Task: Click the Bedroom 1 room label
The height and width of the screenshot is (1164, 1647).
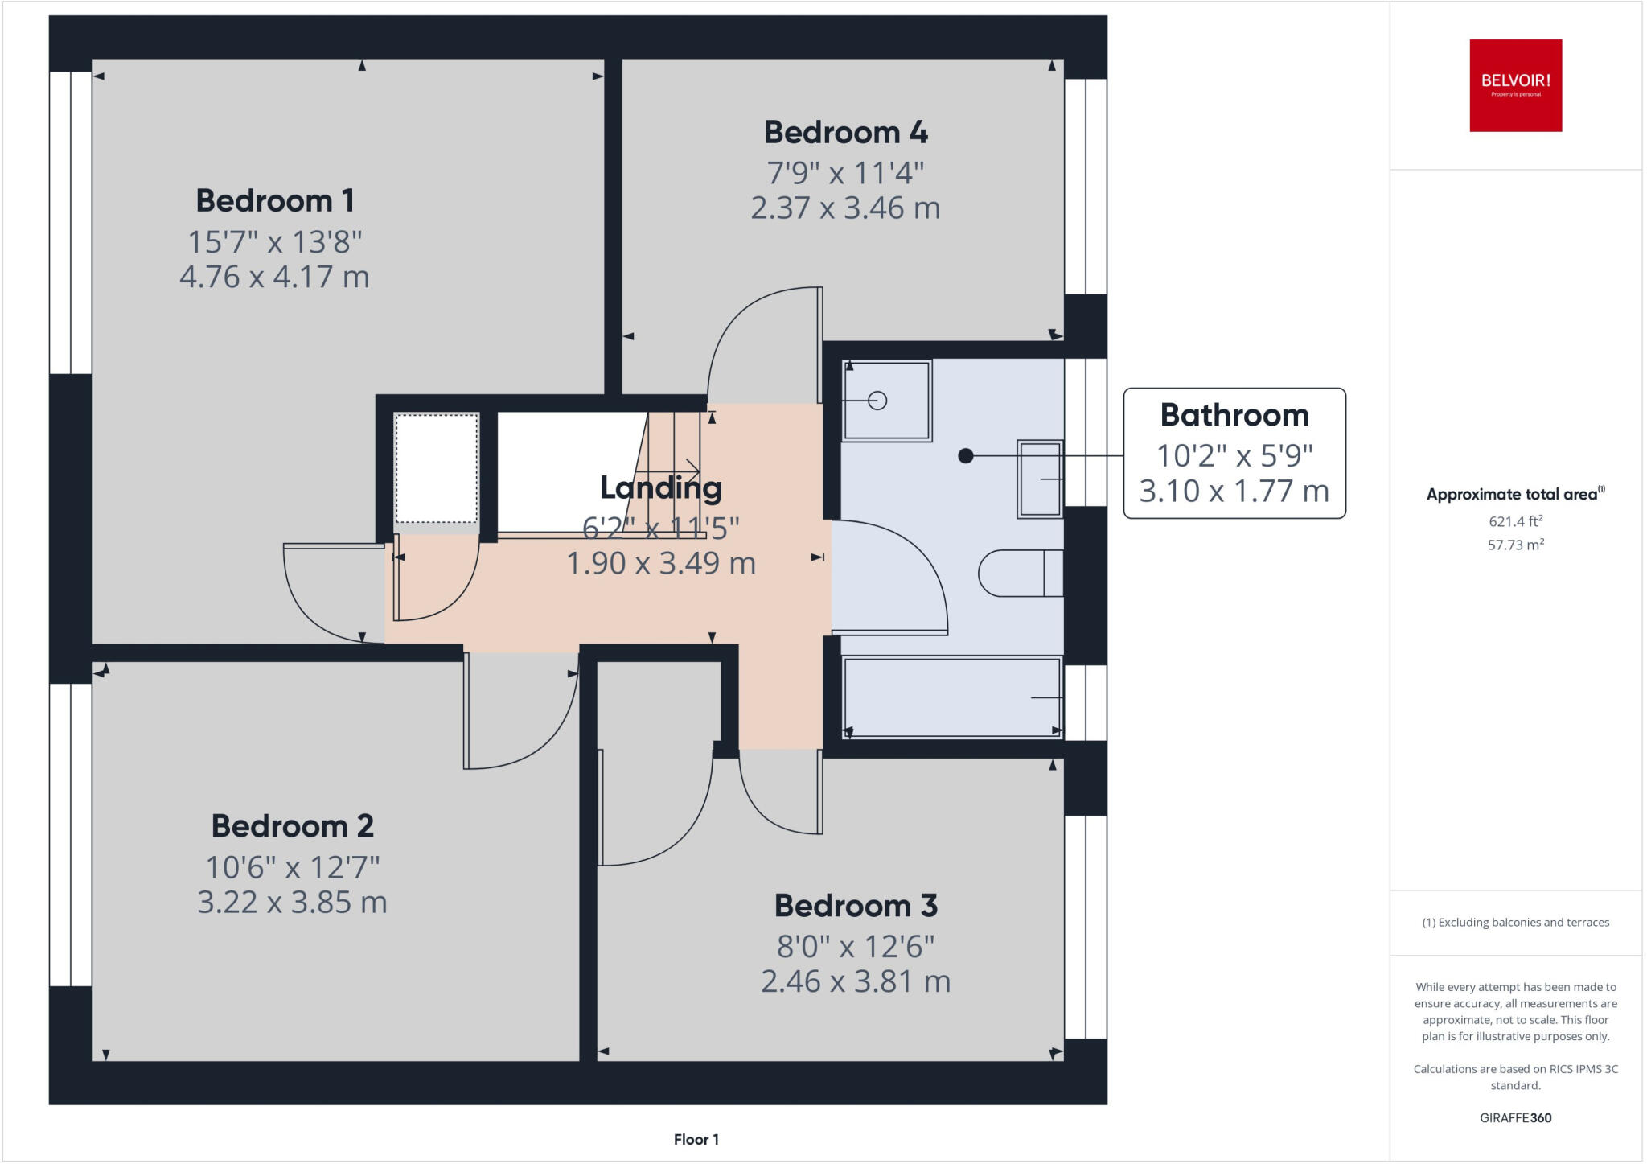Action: [275, 200]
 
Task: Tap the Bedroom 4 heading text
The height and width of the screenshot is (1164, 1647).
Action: [846, 132]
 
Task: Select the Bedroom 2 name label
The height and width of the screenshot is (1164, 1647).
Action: [293, 826]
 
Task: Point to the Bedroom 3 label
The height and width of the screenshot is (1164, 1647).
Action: [856, 906]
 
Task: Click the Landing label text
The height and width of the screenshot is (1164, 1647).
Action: [661, 488]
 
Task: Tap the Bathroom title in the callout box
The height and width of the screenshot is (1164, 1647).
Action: [1234, 415]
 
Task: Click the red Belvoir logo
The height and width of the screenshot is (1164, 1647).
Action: [1516, 85]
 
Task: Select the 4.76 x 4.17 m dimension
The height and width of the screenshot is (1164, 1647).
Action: [274, 277]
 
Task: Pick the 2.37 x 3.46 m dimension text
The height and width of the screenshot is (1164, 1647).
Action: [846, 208]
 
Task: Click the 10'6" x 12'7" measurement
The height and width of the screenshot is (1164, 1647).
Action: [293, 867]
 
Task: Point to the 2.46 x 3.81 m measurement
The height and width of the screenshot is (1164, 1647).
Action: [856, 981]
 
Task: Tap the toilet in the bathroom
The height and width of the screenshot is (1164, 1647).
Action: [1021, 573]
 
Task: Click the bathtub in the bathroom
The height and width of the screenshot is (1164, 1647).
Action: [952, 697]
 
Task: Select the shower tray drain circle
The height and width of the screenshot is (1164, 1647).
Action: [877, 400]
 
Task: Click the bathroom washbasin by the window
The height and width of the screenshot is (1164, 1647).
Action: [1041, 479]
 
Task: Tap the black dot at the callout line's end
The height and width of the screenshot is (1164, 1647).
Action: [966, 456]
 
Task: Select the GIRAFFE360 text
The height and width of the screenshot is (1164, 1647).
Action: [1516, 1117]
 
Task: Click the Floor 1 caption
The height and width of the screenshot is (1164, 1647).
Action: [696, 1139]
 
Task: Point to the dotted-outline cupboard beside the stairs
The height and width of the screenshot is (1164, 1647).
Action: [437, 469]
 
